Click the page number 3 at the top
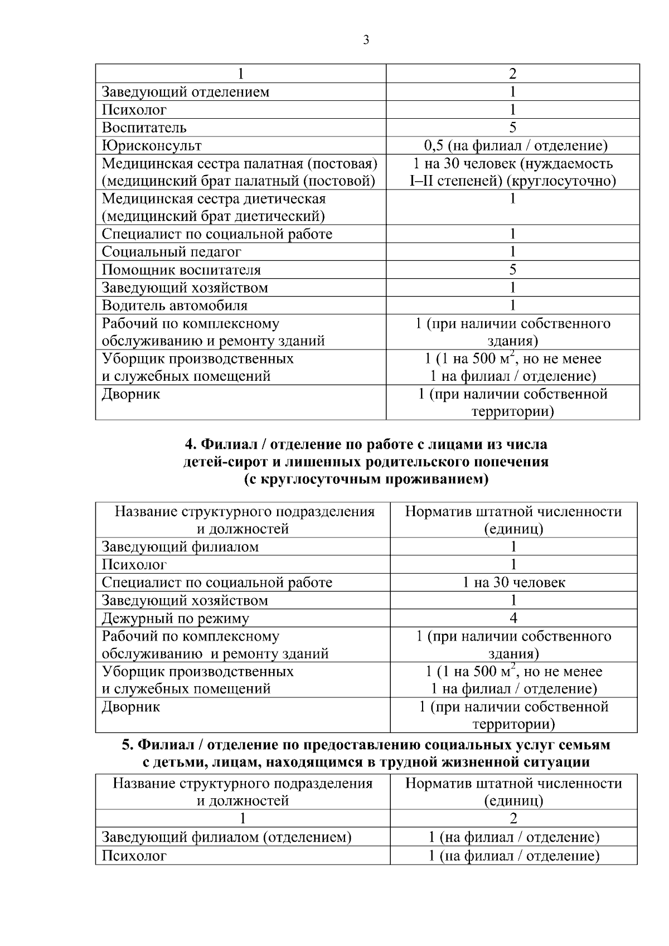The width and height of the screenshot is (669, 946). click(366, 40)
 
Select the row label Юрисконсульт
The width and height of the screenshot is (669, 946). click(152, 145)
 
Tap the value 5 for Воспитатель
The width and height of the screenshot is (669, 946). click(513, 128)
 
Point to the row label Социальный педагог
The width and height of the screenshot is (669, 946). click(171, 252)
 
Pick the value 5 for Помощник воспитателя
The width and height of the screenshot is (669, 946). click(513, 270)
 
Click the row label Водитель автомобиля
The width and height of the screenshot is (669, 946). click(174, 305)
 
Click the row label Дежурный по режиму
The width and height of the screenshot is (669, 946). click(175, 618)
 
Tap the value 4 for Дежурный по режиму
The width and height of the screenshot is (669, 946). click(513, 618)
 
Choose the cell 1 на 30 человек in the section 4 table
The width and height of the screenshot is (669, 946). click(513, 583)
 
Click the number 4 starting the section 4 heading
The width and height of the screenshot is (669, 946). click(189, 444)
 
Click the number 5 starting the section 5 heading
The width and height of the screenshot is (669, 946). click(127, 744)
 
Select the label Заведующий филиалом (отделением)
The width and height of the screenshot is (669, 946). click(226, 837)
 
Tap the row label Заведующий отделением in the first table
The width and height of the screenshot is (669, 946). click(185, 92)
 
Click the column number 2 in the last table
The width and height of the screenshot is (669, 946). click(513, 818)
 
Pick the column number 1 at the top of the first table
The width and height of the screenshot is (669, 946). click(241, 74)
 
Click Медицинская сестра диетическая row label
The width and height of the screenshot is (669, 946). click(214, 199)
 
